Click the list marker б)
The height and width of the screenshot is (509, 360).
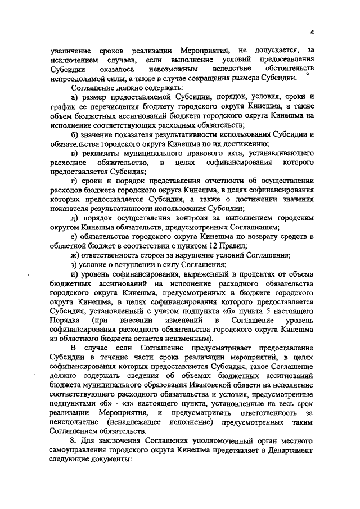74,134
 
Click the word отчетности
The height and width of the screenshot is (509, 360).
215,181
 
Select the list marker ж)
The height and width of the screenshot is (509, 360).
75,255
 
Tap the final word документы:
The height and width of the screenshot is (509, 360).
109,460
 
